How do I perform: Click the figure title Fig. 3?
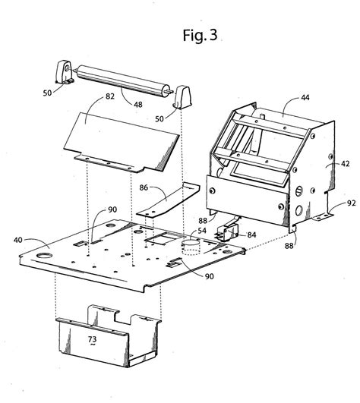pyautogui.click(x=198, y=35)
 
